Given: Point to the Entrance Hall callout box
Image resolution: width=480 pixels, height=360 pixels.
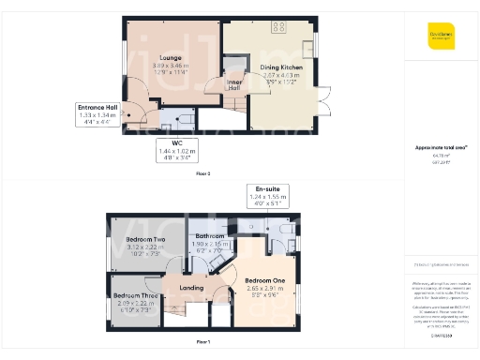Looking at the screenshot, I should (97, 114).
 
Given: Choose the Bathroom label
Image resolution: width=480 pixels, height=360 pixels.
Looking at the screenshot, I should (209, 236).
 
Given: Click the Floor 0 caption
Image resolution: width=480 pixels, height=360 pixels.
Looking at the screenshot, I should (202, 174).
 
